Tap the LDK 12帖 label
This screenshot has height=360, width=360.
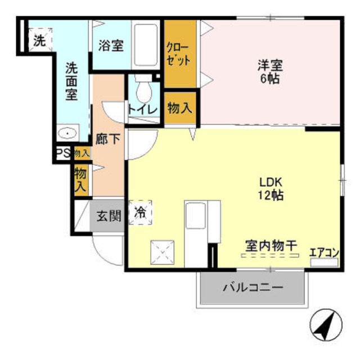tap(271, 189)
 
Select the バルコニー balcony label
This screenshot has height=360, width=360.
tap(252, 288)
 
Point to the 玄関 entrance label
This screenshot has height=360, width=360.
tap(108, 215)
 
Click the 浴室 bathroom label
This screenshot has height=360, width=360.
tap(110, 46)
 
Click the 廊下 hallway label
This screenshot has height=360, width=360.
tap(107, 138)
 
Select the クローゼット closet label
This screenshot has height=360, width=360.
tap(179, 53)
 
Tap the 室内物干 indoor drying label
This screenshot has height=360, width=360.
tap(270, 246)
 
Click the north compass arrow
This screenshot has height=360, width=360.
tap(325, 325)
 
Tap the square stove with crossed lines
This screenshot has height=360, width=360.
tap(163, 252)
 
